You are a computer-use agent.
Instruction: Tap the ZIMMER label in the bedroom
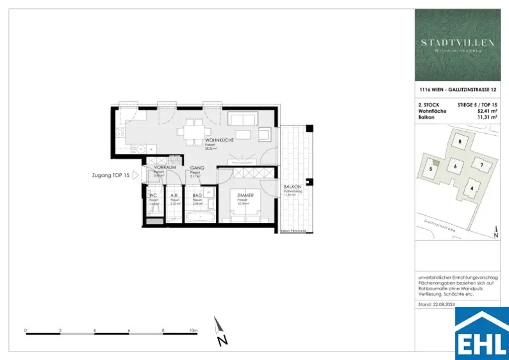[245, 195]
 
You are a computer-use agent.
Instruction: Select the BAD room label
[197, 195]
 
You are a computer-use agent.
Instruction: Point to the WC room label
[153, 195]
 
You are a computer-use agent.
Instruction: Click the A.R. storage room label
[174, 195]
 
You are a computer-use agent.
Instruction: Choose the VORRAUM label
[165, 168]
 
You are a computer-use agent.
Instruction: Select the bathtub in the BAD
[199, 217]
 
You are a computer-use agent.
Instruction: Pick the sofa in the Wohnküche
[242, 118]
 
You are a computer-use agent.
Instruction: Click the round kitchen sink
[141, 148]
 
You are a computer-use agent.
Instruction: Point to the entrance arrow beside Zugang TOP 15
[135, 176]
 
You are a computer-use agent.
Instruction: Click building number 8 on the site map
[460, 142]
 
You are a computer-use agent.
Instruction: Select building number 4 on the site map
[472, 187]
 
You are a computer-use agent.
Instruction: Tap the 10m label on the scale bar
[193, 330]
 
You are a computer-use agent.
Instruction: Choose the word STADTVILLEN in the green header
[458, 43]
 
